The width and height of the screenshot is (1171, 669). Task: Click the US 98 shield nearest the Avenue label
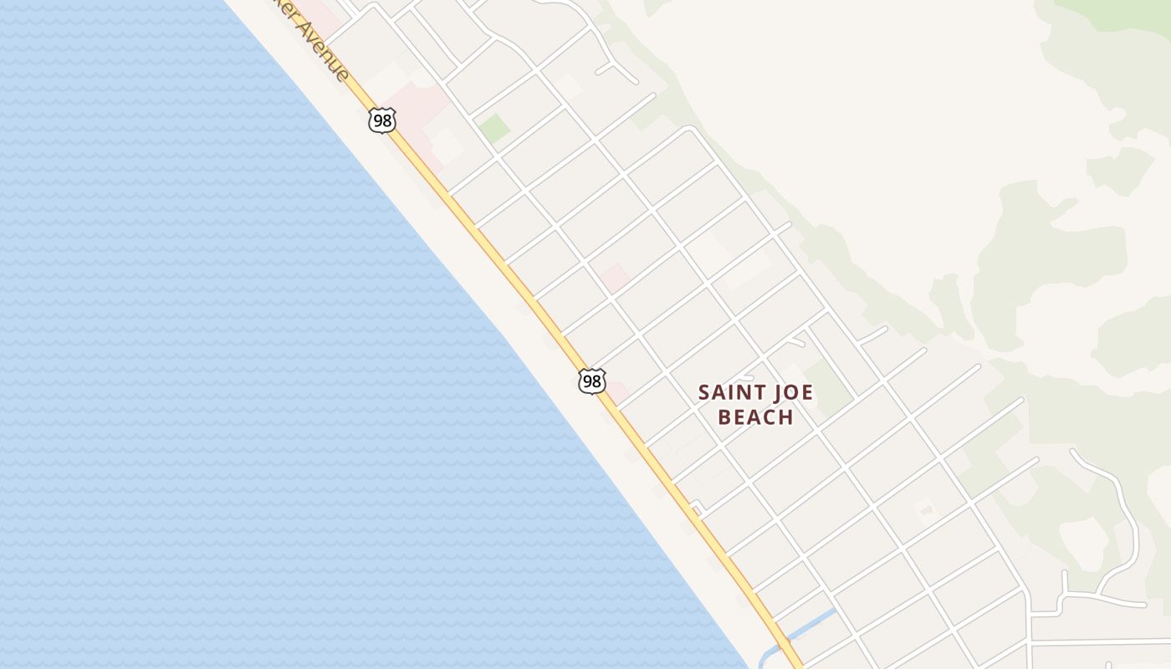tap(381, 120)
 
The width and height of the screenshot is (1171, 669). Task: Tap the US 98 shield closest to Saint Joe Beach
tap(591, 381)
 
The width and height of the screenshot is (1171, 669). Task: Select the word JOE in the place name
tap(790, 392)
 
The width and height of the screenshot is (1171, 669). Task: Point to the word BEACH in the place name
tap(756, 416)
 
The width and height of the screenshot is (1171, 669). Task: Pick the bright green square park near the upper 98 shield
tap(493, 128)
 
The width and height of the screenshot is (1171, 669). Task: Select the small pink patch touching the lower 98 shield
tap(617, 391)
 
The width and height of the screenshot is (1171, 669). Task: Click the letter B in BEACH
tap(725, 416)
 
